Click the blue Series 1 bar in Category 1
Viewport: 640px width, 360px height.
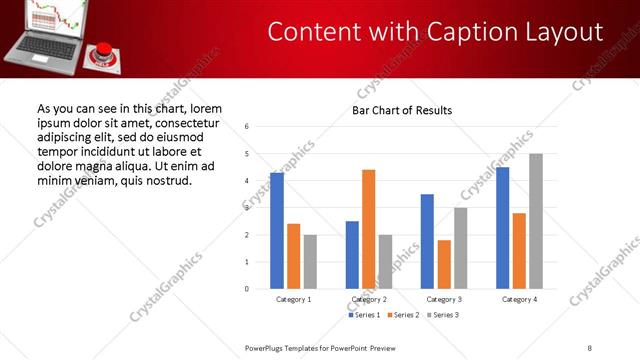(x=277, y=231)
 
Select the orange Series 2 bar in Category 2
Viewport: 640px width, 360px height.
(x=368, y=229)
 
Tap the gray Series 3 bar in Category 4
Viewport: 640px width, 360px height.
(x=536, y=221)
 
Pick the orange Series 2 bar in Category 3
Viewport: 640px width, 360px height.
(x=444, y=264)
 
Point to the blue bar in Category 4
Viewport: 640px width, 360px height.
(x=503, y=228)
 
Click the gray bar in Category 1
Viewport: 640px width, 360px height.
(x=310, y=262)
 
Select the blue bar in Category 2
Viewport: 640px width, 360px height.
(x=352, y=255)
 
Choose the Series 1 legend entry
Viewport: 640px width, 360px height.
(x=364, y=315)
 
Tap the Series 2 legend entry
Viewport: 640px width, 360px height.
(x=403, y=315)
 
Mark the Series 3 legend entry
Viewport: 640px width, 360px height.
(x=442, y=315)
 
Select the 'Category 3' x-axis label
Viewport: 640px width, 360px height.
(x=443, y=299)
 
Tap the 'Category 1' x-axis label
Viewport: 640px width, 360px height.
(x=294, y=299)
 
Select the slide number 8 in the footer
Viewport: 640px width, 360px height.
(x=590, y=347)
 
